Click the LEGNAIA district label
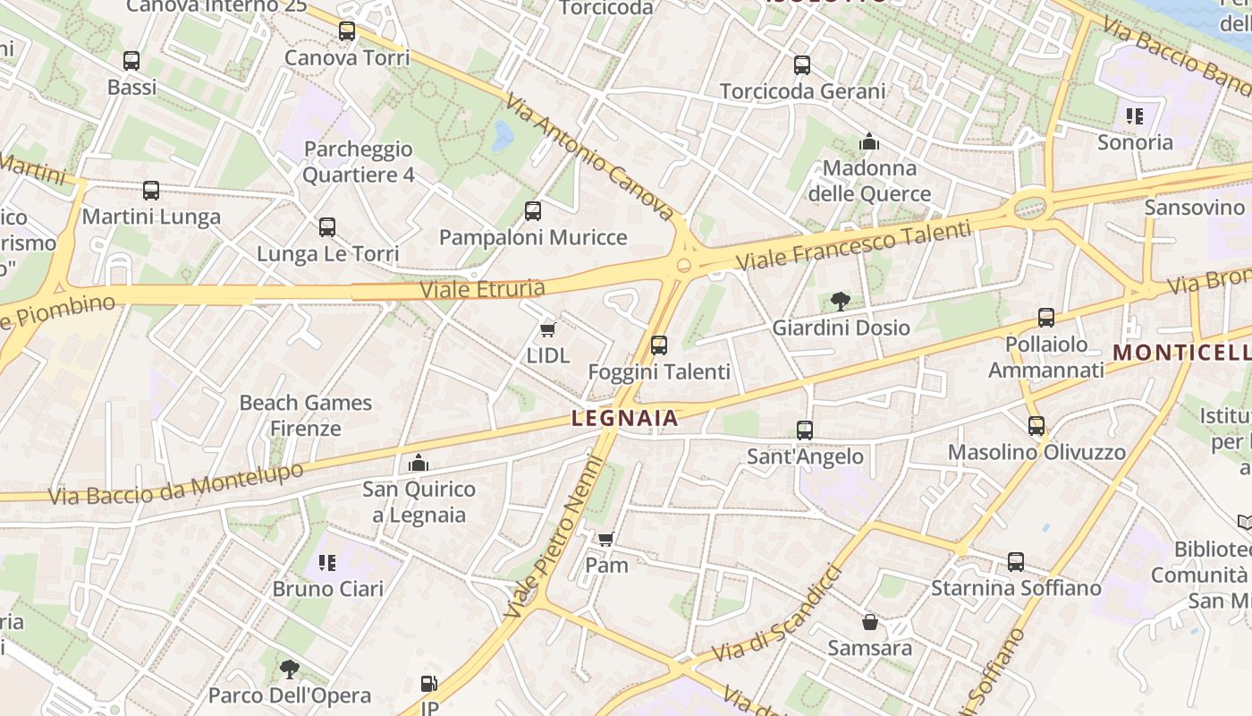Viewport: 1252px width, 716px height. [624, 417]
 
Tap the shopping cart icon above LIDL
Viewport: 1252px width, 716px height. [548, 329]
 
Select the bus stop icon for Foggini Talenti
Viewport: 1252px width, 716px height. [659, 345]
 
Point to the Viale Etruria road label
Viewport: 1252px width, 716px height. [482, 289]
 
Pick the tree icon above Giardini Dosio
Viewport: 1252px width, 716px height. [840, 302]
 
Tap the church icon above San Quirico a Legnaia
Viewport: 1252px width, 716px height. [418, 463]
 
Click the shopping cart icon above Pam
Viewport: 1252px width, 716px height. [606, 539]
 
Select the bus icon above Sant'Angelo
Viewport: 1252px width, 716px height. [804, 430]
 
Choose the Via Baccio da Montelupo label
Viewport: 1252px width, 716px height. [176, 483]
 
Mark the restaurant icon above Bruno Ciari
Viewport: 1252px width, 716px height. [327, 562]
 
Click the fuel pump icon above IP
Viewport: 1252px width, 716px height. [429, 685]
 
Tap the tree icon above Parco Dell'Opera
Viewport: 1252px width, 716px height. [289, 669]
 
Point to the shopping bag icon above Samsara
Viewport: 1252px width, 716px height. [869, 622]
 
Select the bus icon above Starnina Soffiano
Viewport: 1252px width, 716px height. [1016, 562]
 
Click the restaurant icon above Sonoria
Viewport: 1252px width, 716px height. [1135, 115]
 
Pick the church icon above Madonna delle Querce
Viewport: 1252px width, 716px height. [869, 141]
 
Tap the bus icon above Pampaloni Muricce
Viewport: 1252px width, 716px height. [533, 211]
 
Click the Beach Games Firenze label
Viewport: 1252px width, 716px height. [306, 415]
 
